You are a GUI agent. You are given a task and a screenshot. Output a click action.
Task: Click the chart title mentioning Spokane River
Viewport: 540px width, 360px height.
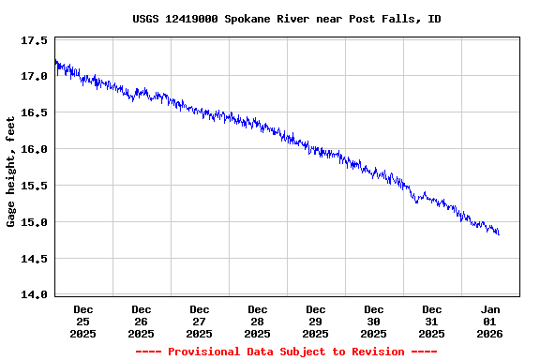tap(286, 19)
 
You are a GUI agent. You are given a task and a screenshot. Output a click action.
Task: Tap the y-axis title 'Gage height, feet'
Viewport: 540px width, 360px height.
tap(11, 172)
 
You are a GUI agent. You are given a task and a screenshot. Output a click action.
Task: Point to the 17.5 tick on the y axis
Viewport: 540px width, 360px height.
tap(35, 41)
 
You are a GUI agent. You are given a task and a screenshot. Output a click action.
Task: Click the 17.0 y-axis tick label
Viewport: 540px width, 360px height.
tap(35, 77)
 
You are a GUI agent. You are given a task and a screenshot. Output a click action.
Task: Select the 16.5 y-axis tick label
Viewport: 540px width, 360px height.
tap(35, 113)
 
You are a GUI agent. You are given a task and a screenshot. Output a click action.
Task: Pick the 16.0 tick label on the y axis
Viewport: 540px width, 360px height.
tap(35, 149)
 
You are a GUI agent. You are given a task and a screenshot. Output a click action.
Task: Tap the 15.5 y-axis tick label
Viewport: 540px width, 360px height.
tap(35, 186)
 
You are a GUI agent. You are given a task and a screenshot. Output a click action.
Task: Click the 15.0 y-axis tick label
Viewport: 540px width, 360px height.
tap(35, 222)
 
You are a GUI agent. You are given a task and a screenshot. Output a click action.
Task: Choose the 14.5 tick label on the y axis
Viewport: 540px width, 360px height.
tap(35, 259)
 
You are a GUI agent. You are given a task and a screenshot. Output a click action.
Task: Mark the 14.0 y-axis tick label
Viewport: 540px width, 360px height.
tap(35, 294)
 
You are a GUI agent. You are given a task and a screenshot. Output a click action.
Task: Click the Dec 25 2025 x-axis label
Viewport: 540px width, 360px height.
tap(83, 321)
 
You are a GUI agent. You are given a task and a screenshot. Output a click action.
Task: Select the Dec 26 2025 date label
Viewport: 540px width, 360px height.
tap(142, 321)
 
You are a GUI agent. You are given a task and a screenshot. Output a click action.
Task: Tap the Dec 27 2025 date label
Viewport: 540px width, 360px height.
tap(200, 321)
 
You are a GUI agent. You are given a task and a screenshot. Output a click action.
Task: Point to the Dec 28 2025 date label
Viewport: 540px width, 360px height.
tap(258, 321)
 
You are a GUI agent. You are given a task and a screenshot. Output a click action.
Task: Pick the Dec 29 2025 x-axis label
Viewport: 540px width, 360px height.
tap(316, 321)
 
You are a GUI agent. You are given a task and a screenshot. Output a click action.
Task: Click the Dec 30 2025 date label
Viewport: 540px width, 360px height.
tap(374, 321)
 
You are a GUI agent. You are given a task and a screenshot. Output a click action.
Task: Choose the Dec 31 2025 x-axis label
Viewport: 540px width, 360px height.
tap(432, 321)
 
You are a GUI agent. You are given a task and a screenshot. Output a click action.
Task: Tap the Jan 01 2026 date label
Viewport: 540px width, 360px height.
tap(490, 321)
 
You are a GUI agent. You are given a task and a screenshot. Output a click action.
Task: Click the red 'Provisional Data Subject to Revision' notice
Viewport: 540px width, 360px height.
tap(286, 352)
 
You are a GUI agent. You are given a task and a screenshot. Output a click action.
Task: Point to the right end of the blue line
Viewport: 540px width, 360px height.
tap(499, 233)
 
